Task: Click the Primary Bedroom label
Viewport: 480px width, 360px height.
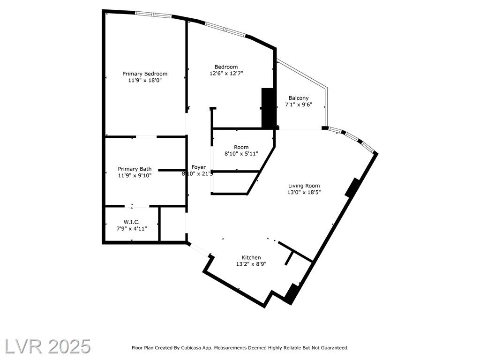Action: [x=145, y=74]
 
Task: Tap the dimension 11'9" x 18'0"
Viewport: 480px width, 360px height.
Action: [x=145, y=81]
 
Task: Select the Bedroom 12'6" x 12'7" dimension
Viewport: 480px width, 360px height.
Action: [x=226, y=74]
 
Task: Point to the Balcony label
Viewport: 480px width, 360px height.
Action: [x=299, y=98]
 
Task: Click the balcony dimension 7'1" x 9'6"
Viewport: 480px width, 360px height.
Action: [x=299, y=105]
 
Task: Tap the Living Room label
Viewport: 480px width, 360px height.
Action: [x=304, y=186]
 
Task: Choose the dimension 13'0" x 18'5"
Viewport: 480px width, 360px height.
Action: [x=304, y=192]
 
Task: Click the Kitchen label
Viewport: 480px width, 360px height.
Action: [x=251, y=257]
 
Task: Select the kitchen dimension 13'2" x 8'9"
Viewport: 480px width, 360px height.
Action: [x=251, y=264]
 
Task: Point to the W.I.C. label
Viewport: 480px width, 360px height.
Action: [x=132, y=222]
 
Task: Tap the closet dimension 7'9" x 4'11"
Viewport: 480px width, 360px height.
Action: [x=132, y=229]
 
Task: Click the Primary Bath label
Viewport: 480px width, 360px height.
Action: [x=135, y=169]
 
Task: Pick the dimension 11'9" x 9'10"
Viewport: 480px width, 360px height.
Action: [x=135, y=176]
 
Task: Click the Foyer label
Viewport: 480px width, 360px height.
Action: [x=199, y=167]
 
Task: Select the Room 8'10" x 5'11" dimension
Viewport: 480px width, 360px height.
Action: [x=241, y=154]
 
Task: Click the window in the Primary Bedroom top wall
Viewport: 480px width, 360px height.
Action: [x=153, y=14]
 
